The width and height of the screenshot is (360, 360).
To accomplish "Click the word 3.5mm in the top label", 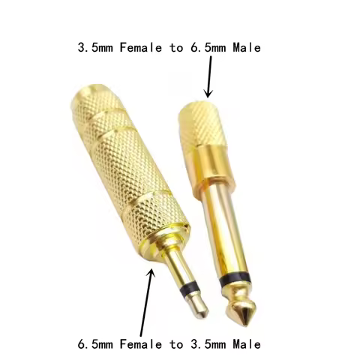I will coord(94,47).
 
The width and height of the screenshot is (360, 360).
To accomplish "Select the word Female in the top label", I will coord(140,47).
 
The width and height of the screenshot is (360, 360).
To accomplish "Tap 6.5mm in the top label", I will coord(211,47).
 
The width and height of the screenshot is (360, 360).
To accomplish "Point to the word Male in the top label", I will coord(247,47).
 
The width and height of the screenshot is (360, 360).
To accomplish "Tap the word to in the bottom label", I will coord(179,344).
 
